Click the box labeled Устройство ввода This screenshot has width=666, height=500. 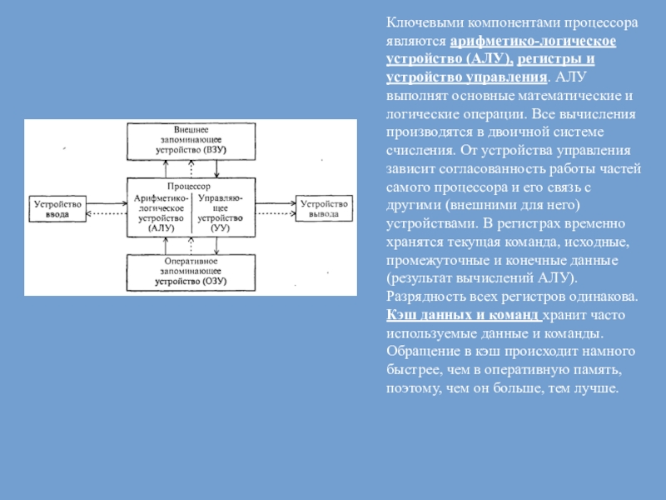[57, 209]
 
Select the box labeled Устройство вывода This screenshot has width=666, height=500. [324, 208]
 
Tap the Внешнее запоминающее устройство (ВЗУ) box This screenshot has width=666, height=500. [191, 142]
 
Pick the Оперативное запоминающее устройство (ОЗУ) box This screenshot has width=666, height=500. [191, 272]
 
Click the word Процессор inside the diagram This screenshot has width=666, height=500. [189, 186]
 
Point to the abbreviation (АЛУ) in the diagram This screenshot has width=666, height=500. [162, 228]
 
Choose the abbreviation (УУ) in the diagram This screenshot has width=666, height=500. [220, 227]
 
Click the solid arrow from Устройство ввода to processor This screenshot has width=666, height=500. [107, 203]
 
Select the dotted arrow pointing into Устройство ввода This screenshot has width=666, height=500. [107, 213]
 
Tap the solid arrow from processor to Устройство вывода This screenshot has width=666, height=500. [276, 203]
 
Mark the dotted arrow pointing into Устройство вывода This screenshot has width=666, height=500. [276, 213]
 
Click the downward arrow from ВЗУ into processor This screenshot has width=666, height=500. [216, 169]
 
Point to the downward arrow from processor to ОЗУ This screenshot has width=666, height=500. [216, 246]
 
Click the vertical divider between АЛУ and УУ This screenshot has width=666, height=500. [192, 213]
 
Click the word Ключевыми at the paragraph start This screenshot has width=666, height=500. [425, 22]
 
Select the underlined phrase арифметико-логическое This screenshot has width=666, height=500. [533, 41]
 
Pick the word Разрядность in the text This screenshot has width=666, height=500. [426, 297]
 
